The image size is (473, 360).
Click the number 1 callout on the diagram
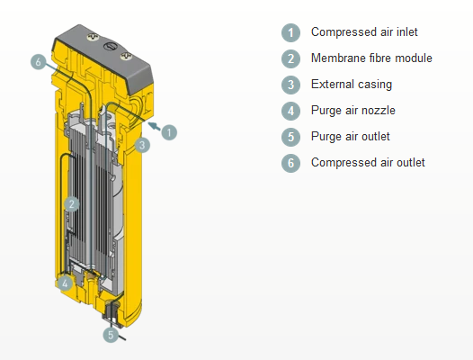tap(169, 132)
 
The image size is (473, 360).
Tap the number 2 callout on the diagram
tap(72, 204)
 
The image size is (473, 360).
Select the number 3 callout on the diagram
tap(142, 145)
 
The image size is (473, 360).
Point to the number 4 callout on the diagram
tap(65, 283)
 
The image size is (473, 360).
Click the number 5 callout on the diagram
tap(111, 335)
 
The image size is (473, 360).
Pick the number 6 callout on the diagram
tap(39, 62)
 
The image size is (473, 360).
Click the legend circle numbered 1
tap(290, 32)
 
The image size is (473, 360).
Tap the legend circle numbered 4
tap(290, 111)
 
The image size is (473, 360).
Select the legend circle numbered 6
tap(290, 163)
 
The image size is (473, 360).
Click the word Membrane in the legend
tap(335, 58)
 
